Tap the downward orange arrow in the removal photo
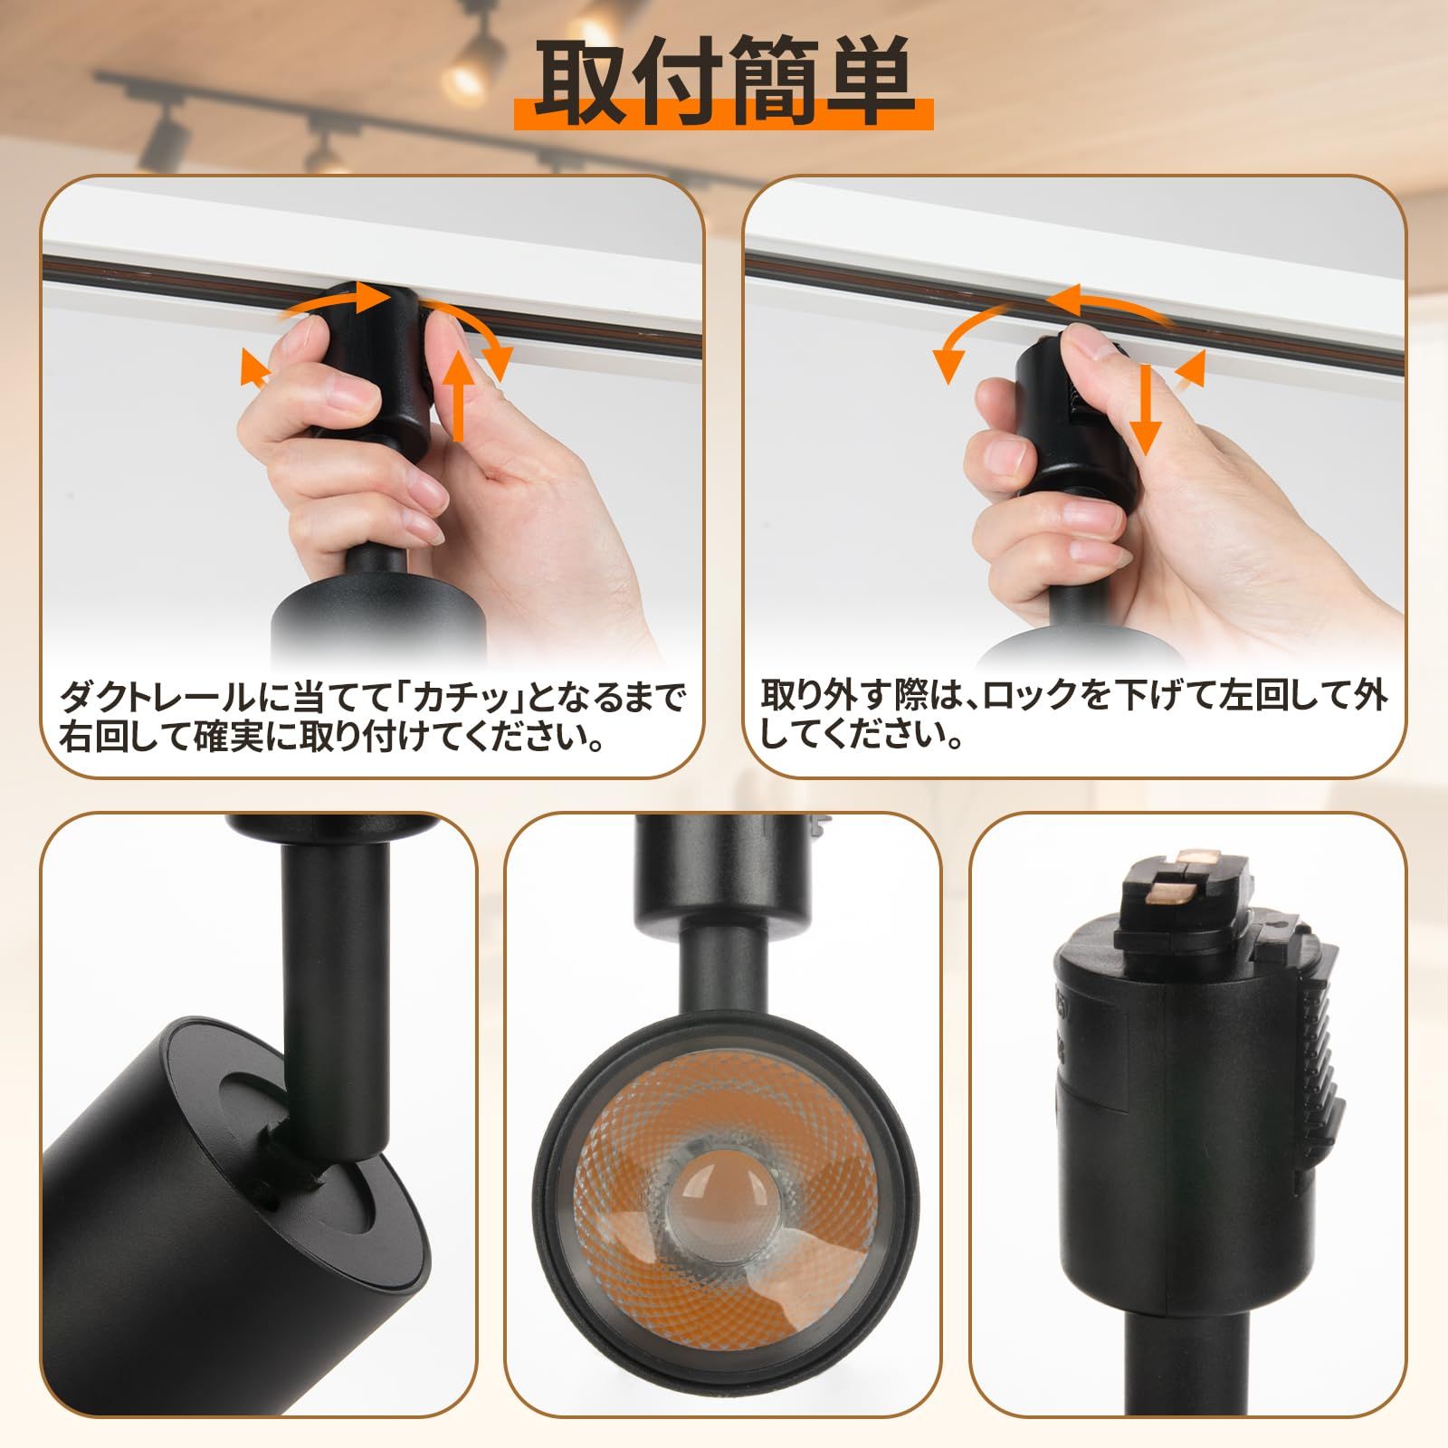[1148, 407]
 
